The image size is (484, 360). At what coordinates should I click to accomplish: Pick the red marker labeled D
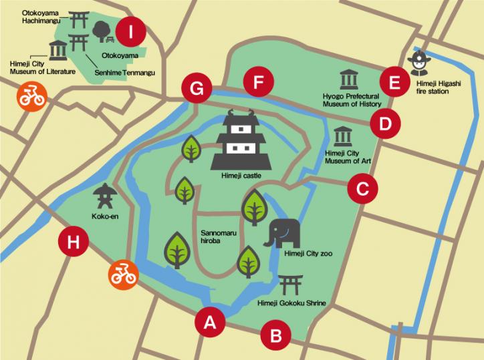(385, 124)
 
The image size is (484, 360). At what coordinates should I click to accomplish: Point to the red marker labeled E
(394, 83)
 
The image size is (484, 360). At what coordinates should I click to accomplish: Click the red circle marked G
(197, 87)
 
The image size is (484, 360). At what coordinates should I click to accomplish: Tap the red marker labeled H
(74, 242)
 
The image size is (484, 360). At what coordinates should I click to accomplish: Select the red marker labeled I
(130, 30)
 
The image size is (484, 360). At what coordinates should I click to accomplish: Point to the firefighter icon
(420, 63)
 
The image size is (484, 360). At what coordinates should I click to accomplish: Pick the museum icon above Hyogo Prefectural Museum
(348, 81)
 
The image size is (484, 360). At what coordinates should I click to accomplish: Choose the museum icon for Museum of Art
(342, 136)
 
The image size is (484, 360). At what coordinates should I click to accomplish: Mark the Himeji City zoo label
(308, 254)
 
